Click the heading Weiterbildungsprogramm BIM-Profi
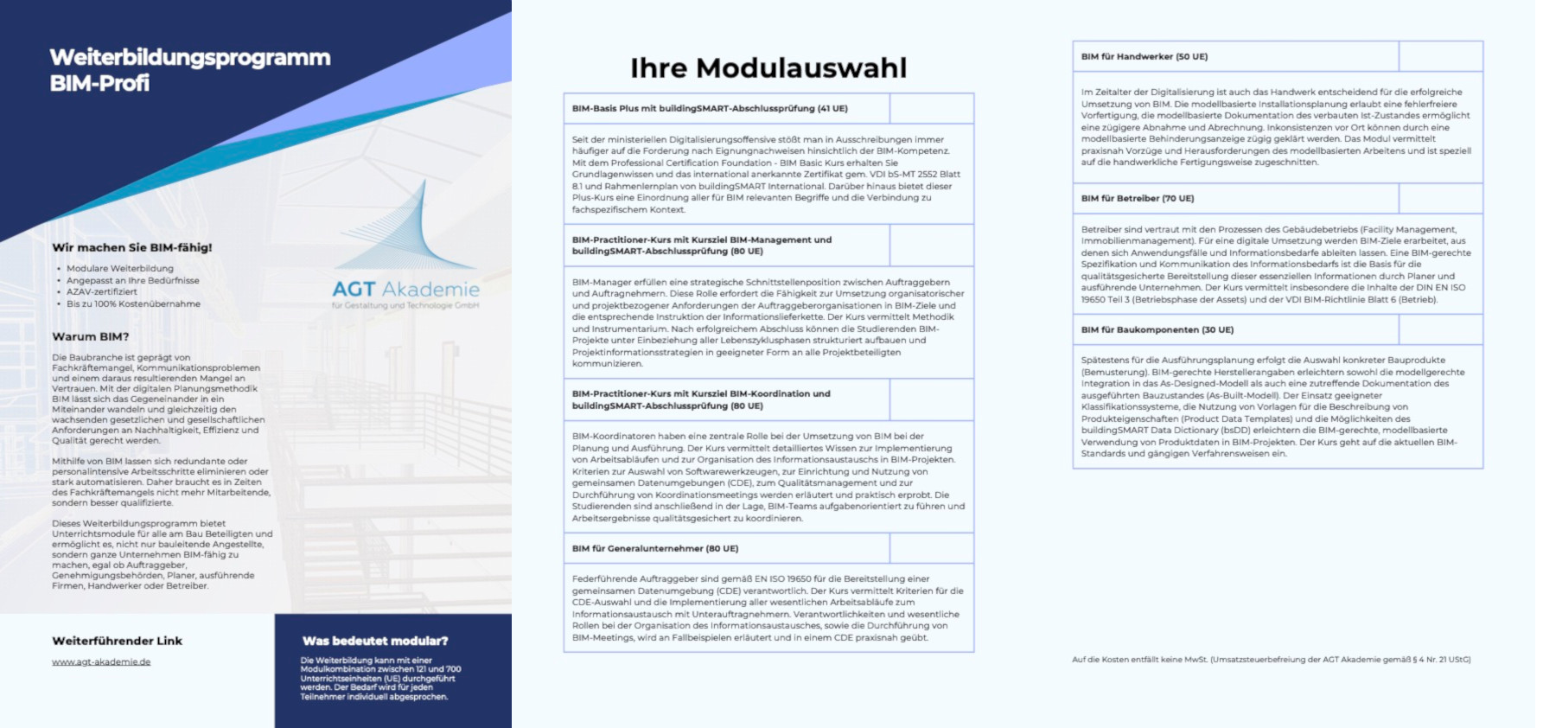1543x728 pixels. [x=189, y=70]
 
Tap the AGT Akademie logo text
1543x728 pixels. [x=405, y=289]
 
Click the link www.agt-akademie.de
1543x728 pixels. [x=101, y=662]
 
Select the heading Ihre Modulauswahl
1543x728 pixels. [x=768, y=67]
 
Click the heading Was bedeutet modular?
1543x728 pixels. [x=375, y=641]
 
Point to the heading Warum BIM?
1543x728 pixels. [x=90, y=336]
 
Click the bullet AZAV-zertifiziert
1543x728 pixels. [x=102, y=292]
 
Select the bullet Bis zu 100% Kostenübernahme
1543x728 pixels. [x=133, y=304]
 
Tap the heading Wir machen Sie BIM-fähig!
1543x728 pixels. [x=131, y=247]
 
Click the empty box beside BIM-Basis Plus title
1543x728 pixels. [x=931, y=109]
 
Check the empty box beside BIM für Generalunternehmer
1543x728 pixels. [x=931, y=548]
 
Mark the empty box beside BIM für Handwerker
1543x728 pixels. [x=1440, y=57]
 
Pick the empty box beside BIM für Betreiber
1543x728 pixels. [x=1440, y=199]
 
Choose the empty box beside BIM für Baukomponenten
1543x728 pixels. [x=1440, y=329]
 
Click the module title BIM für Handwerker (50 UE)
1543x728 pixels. [x=1144, y=57]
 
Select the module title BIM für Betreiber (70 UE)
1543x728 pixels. [x=1138, y=199]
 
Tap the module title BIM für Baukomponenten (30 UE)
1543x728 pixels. [x=1157, y=329]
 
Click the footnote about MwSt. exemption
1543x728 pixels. [x=1271, y=660]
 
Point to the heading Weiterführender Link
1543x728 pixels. [x=117, y=641]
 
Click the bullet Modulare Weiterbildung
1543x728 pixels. [x=120, y=269]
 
